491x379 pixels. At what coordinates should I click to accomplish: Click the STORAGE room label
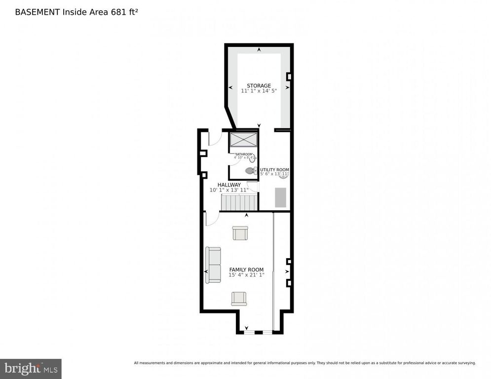[x=259, y=85]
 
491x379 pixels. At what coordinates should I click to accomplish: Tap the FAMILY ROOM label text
[x=246, y=269]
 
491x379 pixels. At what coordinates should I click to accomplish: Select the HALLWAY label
[x=229, y=185]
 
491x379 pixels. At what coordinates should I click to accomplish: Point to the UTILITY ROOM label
[x=275, y=169]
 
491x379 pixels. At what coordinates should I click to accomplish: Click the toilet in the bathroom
[x=250, y=171]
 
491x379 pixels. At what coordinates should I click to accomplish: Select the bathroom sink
[x=253, y=158]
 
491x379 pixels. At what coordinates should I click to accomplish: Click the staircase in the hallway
[x=239, y=202]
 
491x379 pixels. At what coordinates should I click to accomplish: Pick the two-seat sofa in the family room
[x=213, y=265]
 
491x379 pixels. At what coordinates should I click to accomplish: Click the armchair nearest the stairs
[x=240, y=233]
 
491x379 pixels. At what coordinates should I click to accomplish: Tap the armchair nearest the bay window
[x=239, y=298]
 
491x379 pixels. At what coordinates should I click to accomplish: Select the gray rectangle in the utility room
[x=280, y=197]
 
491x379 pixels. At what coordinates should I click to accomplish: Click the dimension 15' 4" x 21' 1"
[x=246, y=275]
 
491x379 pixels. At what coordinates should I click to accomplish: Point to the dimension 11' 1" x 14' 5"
[x=259, y=91]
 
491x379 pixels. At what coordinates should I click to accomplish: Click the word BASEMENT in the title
[x=37, y=12]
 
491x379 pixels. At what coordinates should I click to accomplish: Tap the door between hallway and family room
[x=211, y=219]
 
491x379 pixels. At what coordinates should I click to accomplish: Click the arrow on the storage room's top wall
[x=259, y=49]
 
